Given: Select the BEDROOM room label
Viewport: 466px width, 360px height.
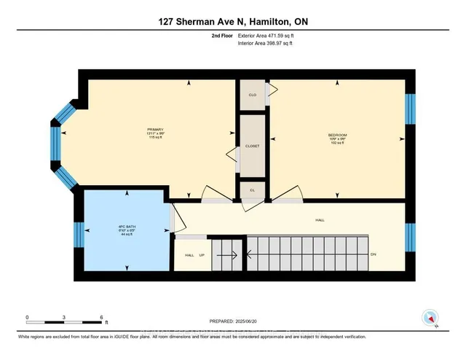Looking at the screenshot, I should [x=336, y=135].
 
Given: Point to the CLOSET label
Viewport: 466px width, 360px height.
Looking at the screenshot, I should [x=253, y=146].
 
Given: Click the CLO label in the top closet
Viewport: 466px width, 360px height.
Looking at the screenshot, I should [x=252, y=95].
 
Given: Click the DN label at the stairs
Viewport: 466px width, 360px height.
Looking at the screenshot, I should [x=373, y=254].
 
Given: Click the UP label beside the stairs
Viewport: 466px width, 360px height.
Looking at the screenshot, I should [x=201, y=255].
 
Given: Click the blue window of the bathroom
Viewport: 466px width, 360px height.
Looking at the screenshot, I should [x=78, y=235].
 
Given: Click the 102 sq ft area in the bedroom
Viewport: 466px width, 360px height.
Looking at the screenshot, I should [x=336, y=144].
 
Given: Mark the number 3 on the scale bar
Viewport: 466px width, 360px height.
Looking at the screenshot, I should [x=65, y=317].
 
